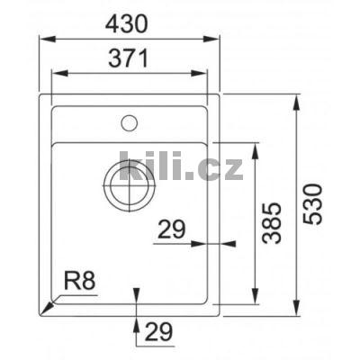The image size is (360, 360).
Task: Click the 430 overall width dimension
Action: point(129,23)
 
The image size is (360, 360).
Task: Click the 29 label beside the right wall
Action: point(171,229)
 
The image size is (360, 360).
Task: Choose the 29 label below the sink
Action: point(158,332)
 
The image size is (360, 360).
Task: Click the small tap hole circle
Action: point(129,121)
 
